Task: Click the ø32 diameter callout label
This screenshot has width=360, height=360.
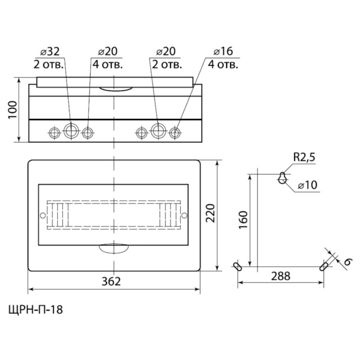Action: click(x=49, y=51)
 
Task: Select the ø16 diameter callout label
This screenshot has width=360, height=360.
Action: click(x=223, y=51)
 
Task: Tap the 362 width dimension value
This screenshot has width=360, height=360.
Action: click(x=111, y=281)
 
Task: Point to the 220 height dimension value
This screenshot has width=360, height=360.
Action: click(x=210, y=213)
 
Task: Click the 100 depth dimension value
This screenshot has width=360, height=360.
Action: click(x=13, y=110)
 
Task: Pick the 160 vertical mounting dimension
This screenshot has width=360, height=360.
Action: click(x=243, y=220)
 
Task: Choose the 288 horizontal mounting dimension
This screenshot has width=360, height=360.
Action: click(x=281, y=276)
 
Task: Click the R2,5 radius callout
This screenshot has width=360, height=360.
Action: click(x=304, y=158)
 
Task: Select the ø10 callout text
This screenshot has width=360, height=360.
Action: click(x=308, y=185)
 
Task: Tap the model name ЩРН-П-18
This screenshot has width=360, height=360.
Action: click(x=35, y=310)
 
